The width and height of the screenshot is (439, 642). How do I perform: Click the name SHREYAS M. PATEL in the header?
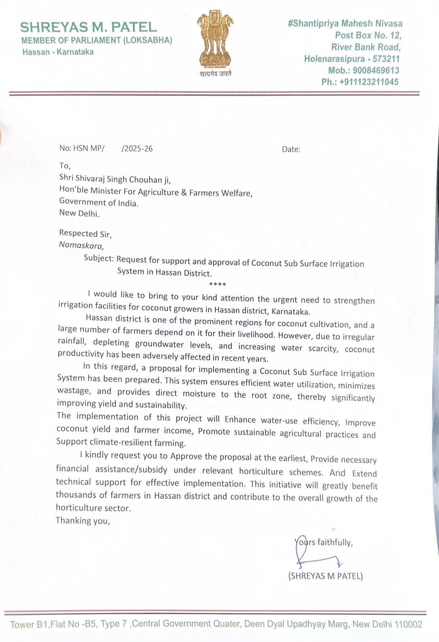[89, 27]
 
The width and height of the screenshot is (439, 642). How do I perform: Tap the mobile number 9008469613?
[375, 70]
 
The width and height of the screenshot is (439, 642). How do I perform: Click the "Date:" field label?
[291, 149]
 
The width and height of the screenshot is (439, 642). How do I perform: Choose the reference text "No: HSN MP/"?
[82, 148]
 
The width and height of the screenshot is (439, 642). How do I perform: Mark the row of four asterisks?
[218, 284]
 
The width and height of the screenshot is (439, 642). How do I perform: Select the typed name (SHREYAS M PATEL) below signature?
[325, 576]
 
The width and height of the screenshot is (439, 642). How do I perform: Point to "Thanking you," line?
[83, 520]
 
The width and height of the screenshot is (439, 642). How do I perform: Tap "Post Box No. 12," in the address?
[368, 35]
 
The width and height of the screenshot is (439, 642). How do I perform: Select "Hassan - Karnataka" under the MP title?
[58, 52]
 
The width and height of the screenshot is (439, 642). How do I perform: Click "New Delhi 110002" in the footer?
[387, 624]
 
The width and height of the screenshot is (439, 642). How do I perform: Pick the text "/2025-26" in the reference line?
[137, 148]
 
